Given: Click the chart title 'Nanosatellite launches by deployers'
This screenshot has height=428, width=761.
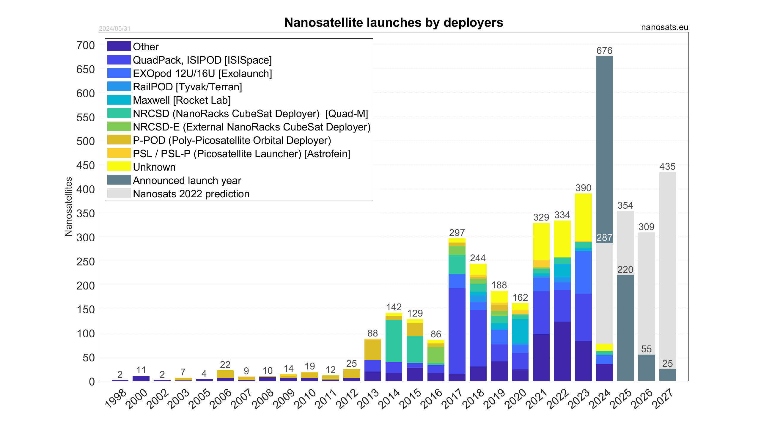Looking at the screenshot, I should (x=394, y=23).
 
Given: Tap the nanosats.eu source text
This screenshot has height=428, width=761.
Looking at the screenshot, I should (x=664, y=27).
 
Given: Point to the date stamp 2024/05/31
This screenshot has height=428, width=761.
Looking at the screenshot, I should (x=115, y=29).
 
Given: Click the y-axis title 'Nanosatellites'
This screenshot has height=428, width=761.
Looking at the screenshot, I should (x=69, y=207).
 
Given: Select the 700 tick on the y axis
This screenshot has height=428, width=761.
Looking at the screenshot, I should (x=86, y=45).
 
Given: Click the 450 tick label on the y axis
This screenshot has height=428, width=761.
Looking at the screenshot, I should (x=86, y=166).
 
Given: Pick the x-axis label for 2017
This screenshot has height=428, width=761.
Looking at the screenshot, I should (x=452, y=399).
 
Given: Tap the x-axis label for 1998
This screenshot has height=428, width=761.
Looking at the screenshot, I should (x=116, y=399).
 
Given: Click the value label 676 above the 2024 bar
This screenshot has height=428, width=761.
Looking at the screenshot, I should (x=604, y=51).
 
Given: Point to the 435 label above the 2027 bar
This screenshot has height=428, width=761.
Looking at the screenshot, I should (x=667, y=166).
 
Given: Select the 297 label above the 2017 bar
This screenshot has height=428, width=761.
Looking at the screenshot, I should (x=457, y=233).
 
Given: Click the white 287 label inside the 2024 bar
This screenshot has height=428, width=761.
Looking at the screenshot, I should (x=604, y=237).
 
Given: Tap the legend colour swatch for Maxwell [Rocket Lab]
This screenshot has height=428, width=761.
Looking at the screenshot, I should (x=119, y=100).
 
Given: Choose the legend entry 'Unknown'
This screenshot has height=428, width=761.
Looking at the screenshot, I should (x=154, y=167).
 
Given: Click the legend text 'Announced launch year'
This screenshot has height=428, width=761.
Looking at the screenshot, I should (x=187, y=180).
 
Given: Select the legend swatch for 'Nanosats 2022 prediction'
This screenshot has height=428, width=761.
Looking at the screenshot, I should (x=119, y=193).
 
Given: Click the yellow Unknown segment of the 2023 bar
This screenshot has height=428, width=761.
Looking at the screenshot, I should (x=583, y=217).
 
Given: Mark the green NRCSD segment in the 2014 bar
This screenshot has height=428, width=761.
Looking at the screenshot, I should (x=394, y=341).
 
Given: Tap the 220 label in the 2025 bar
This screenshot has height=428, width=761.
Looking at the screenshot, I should (x=625, y=270).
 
